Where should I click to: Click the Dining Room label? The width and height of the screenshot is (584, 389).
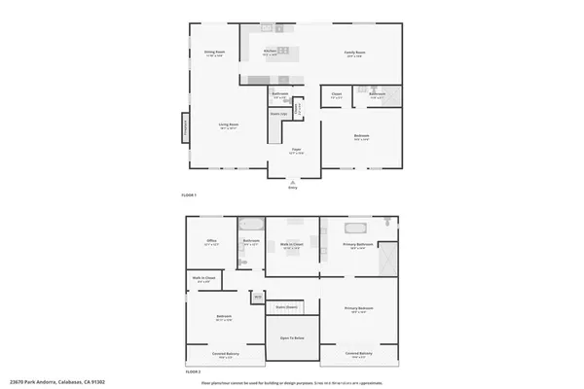(x=215, y=53)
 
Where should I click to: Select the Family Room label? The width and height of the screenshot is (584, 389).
(x=353, y=53)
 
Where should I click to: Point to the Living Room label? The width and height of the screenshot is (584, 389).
(x=229, y=125)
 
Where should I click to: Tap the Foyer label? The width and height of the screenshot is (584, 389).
(x=296, y=150)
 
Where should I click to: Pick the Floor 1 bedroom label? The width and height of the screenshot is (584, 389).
(x=361, y=137)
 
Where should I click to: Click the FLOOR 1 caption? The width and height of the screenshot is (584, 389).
(x=189, y=195)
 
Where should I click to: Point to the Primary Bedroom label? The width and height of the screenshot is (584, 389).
(x=359, y=309)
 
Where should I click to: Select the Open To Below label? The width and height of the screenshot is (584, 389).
(x=293, y=337)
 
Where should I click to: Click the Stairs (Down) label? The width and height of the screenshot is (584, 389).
(x=285, y=306)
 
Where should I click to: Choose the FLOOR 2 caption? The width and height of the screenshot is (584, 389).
(x=192, y=371)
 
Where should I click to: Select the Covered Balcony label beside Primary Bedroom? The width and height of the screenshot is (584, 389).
(x=359, y=354)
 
